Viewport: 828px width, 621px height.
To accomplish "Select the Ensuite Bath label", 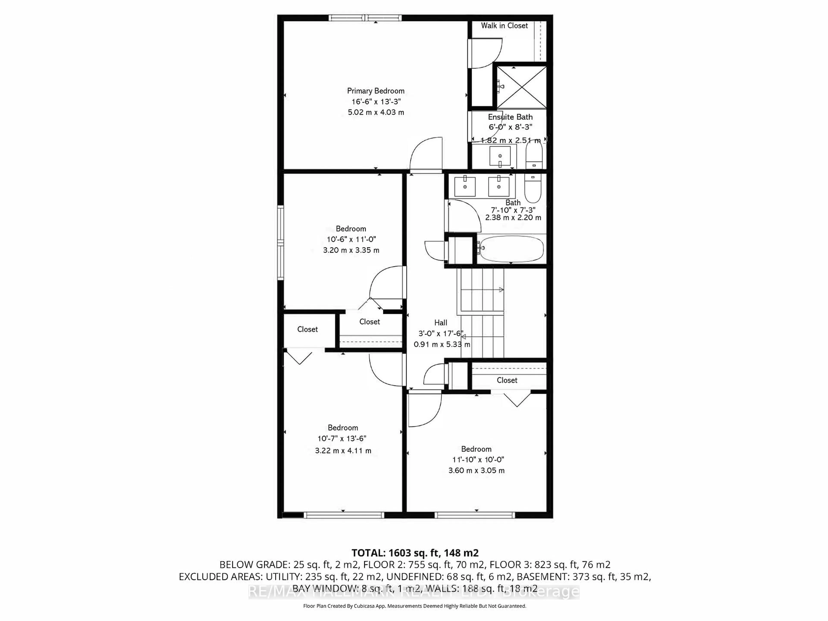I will click(510, 117).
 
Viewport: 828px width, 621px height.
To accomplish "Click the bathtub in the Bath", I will click(511, 249).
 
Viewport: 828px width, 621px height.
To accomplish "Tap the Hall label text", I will click(441, 323).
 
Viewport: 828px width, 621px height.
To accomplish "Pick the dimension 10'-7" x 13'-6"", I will click(342, 438).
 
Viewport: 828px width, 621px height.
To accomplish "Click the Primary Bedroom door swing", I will click(427, 154).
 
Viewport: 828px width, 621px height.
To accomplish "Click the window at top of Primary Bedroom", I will click(365, 18).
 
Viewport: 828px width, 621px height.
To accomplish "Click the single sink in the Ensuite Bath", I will click(500, 156).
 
